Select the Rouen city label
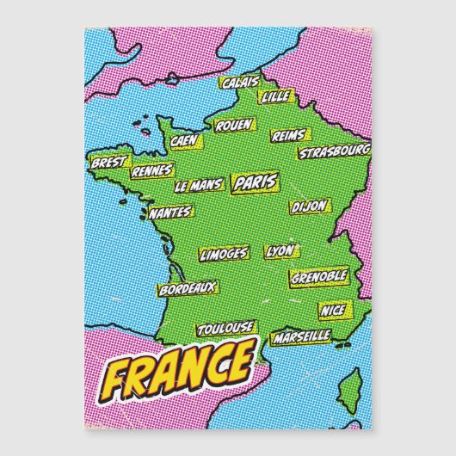(233, 125)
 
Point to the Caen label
(184, 140)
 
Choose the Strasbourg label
(334, 152)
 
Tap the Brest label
(108, 161)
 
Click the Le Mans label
(198, 185)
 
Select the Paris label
(255, 182)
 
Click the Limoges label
(224, 254)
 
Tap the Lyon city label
(280, 251)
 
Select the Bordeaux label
(188, 288)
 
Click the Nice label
(332, 308)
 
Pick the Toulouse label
(225, 328)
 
